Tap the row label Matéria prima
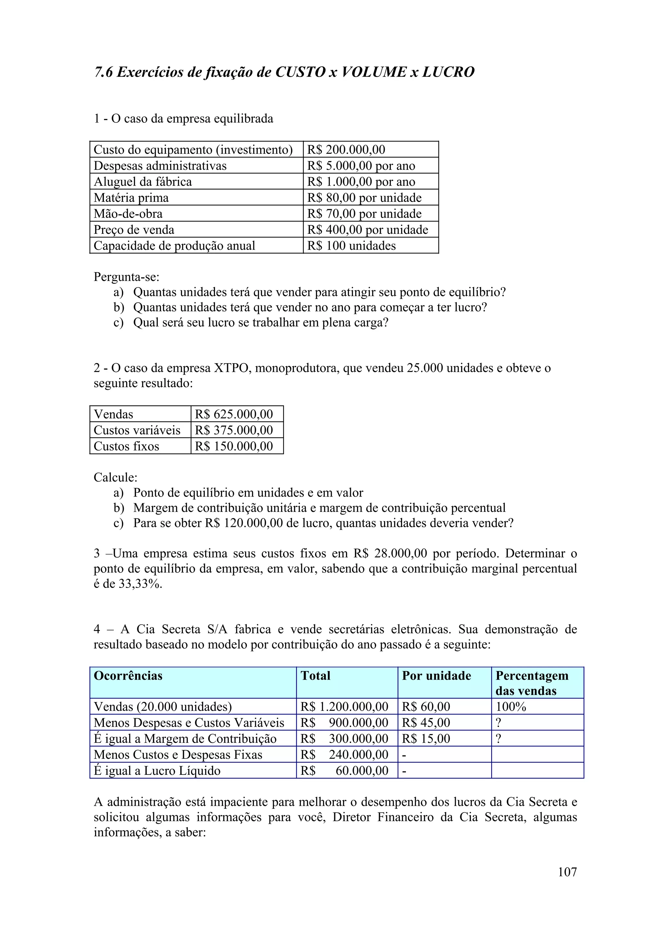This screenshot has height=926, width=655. pyautogui.click(x=131, y=197)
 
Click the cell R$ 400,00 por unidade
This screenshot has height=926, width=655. pyautogui.click(x=367, y=229)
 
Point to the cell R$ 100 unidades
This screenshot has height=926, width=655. pyautogui.click(x=351, y=246)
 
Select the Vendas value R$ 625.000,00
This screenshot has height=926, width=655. pyautogui.click(x=234, y=414)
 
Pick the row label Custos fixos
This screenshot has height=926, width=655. pyautogui.click(x=126, y=446)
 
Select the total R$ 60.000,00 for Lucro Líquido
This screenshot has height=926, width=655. pyautogui.click(x=344, y=771)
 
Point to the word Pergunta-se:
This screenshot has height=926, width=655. pyautogui.click(x=126, y=277)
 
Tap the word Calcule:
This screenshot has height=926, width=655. pyautogui.click(x=115, y=477)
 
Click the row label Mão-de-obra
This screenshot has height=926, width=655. pyautogui.click(x=128, y=214)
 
